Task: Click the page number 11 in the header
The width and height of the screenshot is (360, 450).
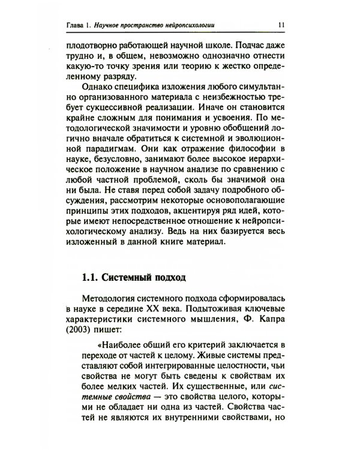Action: coord(282,25)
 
